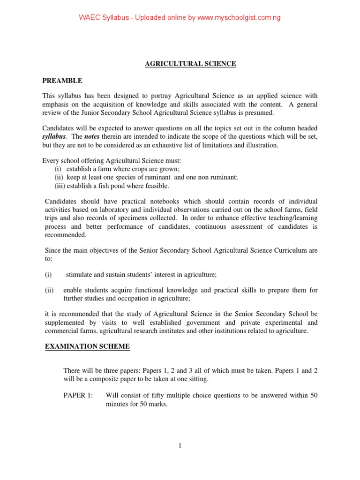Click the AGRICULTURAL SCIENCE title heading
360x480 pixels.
click(x=190, y=64)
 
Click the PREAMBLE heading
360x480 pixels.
click(x=62, y=81)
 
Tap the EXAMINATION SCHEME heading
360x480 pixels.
click(x=87, y=347)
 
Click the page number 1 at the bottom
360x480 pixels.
click(x=180, y=446)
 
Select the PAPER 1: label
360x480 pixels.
click(x=78, y=396)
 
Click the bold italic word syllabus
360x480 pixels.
click(x=54, y=136)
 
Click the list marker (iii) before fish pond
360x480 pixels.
click(x=59, y=186)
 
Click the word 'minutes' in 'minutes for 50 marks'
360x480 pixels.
click(x=117, y=404)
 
